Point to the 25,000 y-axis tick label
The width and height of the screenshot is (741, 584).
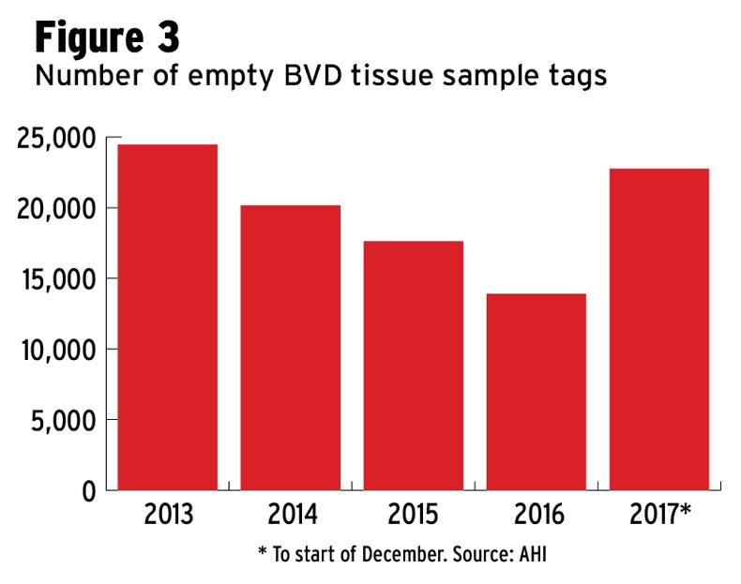point(56,139)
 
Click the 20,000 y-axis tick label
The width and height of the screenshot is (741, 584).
point(56,209)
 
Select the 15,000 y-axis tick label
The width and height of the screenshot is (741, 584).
point(56,279)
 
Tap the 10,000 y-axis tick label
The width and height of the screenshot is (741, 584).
point(56,350)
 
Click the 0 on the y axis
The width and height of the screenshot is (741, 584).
point(88,491)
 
